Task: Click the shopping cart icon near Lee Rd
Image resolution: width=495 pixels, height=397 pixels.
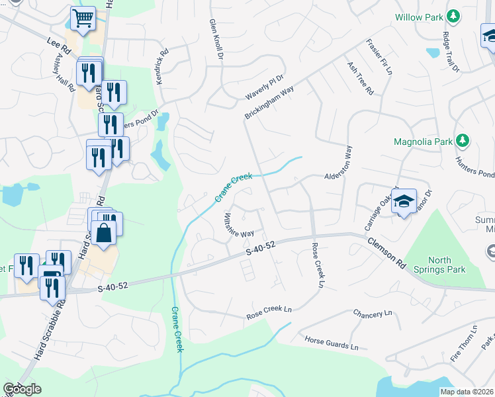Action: pyautogui.click(x=83, y=19)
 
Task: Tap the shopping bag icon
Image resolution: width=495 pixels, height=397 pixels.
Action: pyautogui.click(x=105, y=233)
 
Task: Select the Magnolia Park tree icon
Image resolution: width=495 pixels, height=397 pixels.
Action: pyautogui.click(x=463, y=141)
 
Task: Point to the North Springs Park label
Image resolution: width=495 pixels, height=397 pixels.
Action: pyautogui.click(x=445, y=264)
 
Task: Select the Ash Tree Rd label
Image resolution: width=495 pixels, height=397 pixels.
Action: pyautogui.click(x=360, y=77)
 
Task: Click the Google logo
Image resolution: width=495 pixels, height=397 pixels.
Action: pyautogui.click(x=22, y=389)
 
